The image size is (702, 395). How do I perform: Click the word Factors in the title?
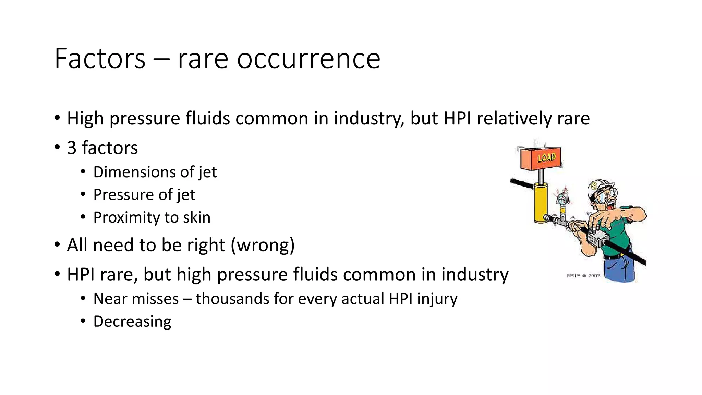[x=100, y=59]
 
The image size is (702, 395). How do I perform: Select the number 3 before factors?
[x=72, y=148]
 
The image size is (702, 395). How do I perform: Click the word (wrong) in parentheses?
[x=263, y=245]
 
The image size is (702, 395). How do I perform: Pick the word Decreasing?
[x=132, y=322]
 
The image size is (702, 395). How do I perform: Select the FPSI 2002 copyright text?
[x=583, y=276]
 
